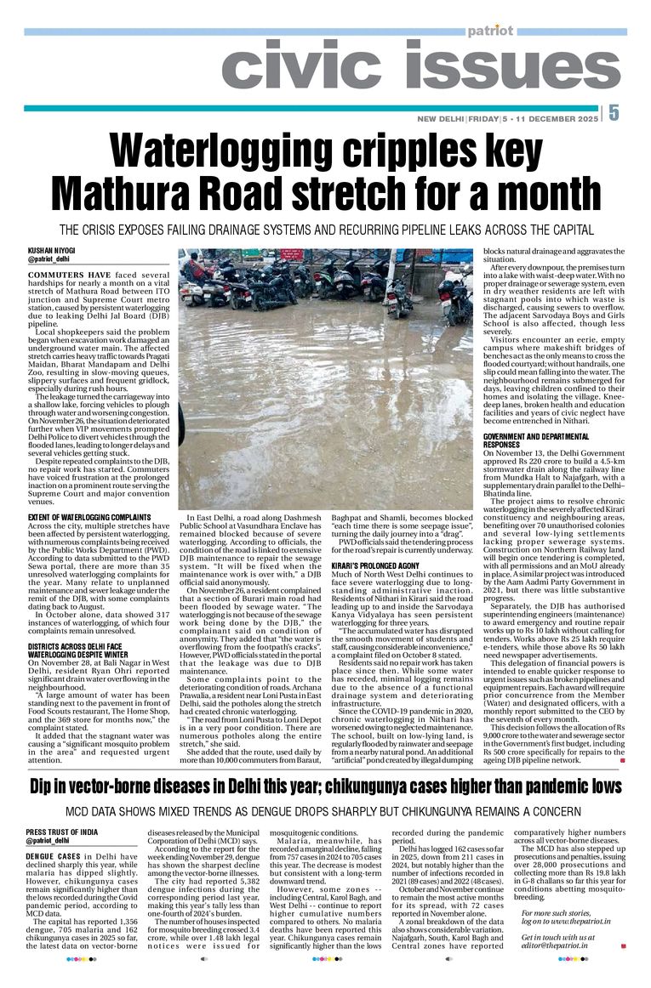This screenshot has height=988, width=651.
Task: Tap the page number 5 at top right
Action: [614, 114]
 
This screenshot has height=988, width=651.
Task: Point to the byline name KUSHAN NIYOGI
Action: [51, 251]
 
